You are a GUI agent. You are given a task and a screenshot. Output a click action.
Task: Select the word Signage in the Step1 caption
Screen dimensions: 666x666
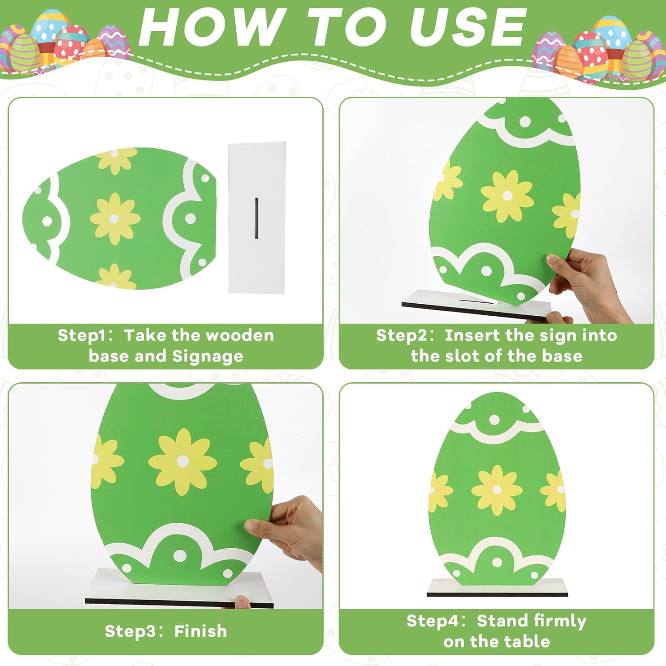click(x=208, y=357)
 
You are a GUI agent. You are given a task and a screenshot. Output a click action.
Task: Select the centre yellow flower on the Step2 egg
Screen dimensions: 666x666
click(x=507, y=196)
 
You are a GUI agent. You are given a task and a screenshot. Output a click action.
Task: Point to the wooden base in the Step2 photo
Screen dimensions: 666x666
click(x=476, y=305)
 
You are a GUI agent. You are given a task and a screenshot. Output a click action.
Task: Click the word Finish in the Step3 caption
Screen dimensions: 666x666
click(x=200, y=631)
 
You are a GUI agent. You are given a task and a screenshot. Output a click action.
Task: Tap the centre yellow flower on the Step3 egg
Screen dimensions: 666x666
click(x=182, y=462)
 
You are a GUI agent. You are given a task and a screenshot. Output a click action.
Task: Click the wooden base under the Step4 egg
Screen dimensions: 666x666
click(x=497, y=588)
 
